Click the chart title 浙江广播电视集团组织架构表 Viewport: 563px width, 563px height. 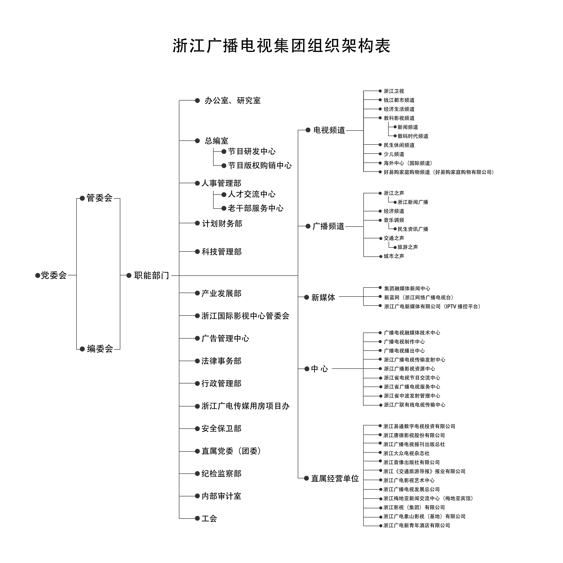click(281, 46)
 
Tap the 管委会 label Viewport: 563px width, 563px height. click(99, 198)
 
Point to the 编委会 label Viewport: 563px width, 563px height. click(100, 349)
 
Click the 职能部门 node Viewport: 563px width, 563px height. click(152, 275)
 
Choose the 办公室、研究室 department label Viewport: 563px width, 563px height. click(233, 101)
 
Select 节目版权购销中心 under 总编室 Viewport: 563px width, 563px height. click(260, 166)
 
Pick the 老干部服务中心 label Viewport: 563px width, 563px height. click(256, 208)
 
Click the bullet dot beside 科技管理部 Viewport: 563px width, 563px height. click(197, 251)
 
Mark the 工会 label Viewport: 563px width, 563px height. click(209, 518)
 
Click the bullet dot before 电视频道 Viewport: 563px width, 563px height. click(308, 130)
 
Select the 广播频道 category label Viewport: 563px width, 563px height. click(328, 226)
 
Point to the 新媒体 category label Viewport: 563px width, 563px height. click(323, 297)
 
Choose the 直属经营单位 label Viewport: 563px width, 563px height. click(335, 454)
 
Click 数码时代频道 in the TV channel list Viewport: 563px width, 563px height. click(413, 136)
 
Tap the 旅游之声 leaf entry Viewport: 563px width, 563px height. click(408, 247)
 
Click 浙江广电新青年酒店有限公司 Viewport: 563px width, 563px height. click(417, 525)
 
